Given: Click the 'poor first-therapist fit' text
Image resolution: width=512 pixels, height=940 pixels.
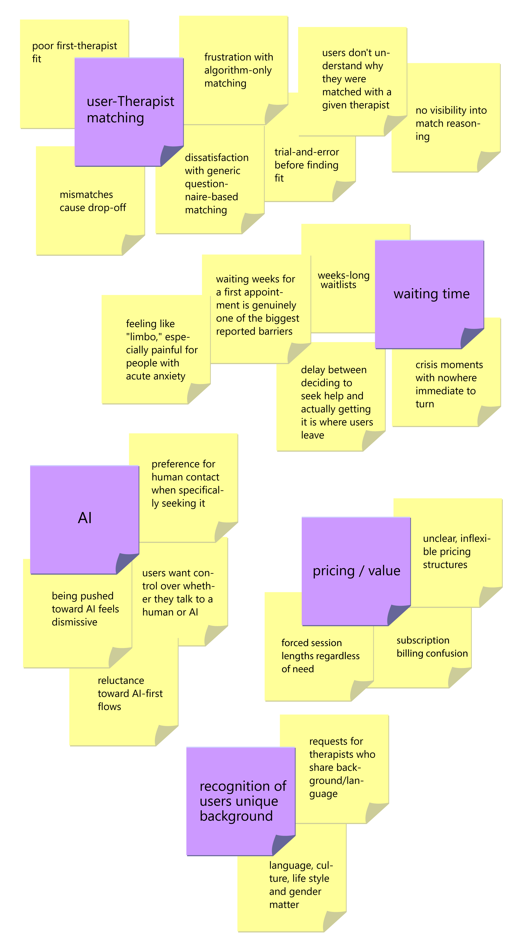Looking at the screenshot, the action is click(x=75, y=52).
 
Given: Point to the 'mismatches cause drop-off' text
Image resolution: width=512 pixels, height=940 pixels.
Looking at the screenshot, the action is click(x=93, y=201).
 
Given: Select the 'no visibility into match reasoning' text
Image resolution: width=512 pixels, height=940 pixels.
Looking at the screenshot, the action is click(x=451, y=123).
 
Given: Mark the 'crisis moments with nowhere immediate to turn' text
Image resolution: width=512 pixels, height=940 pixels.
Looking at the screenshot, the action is click(x=449, y=384).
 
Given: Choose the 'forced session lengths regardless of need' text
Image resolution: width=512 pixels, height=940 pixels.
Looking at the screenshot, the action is click(x=320, y=656).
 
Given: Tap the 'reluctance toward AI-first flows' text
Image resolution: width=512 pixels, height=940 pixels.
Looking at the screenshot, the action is click(x=130, y=693).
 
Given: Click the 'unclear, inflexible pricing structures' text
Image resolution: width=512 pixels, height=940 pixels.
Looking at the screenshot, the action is click(x=456, y=551).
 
